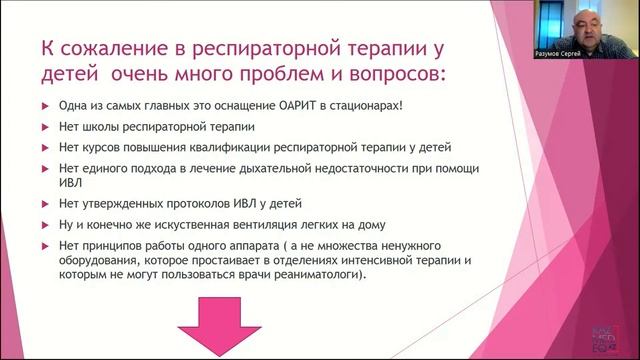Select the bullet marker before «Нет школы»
tap(44, 127)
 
